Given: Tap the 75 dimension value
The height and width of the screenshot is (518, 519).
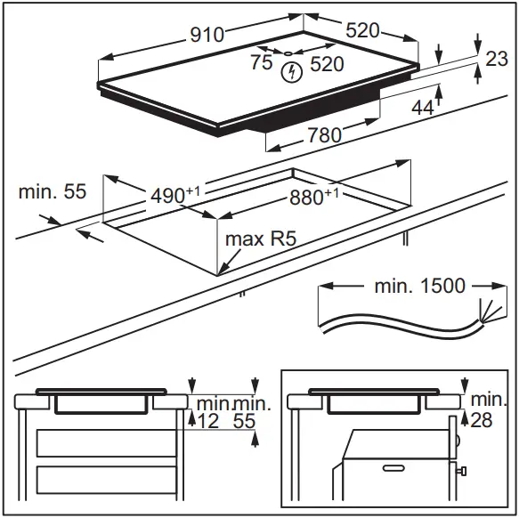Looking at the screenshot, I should pyautogui.click(x=261, y=63).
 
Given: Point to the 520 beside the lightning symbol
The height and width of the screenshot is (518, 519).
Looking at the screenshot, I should pyautogui.click(x=327, y=65).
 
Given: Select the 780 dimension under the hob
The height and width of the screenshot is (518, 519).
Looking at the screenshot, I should pyautogui.click(x=320, y=135).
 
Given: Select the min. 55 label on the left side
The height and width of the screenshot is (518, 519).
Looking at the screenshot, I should pyautogui.click(x=52, y=191).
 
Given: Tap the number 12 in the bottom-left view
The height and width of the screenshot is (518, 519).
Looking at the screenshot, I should pyautogui.click(x=207, y=421).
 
